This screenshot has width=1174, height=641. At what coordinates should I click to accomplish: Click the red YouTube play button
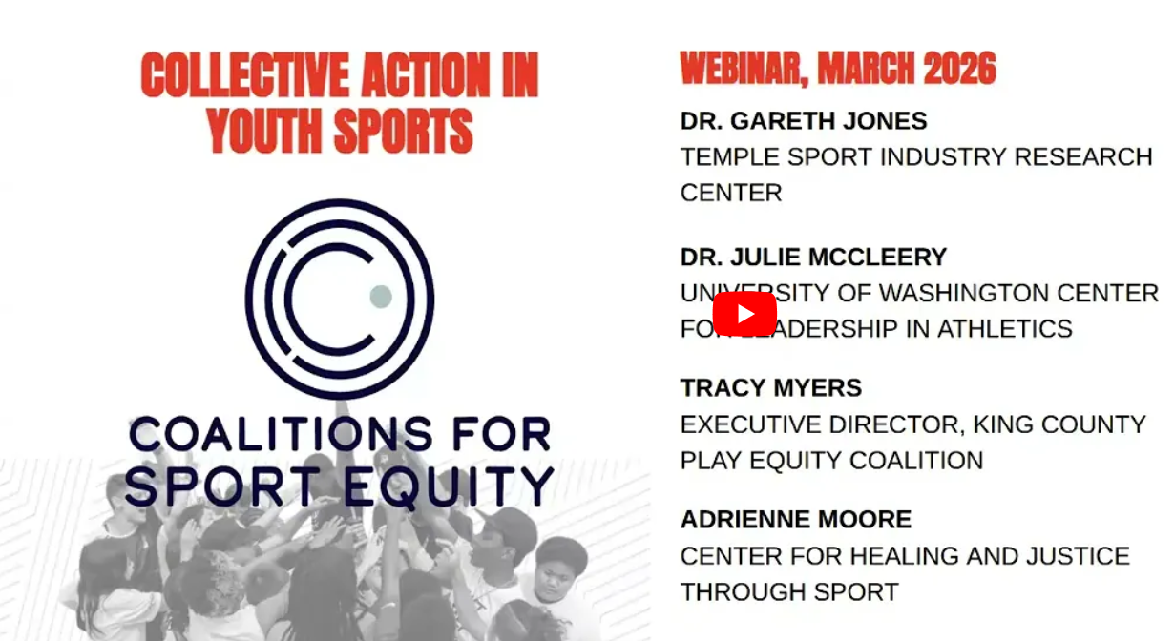pos(744,314)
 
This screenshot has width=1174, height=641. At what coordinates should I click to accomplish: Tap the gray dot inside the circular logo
pos(381,296)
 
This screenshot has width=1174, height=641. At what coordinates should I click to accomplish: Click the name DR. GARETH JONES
pos(804,121)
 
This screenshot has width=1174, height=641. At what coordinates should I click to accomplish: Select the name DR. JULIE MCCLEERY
pos(813,258)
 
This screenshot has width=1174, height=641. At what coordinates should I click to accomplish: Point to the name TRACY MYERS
pos(771,388)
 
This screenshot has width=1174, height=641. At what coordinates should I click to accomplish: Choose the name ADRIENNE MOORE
pos(796,520)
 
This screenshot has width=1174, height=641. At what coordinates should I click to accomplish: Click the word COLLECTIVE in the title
pos(257,76)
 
